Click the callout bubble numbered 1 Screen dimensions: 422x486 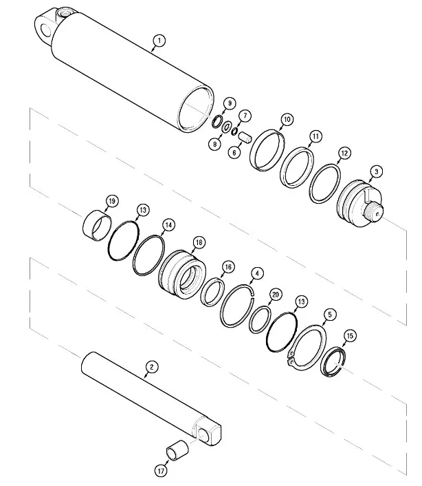159,41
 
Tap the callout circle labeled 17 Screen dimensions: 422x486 161,472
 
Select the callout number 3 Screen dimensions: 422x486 376,171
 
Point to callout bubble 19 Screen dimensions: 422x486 112,201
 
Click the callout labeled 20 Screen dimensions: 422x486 275,295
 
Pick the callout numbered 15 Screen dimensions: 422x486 350,336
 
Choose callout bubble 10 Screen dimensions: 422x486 287,119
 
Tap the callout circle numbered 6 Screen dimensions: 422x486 234,153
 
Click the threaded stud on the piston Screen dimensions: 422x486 374,212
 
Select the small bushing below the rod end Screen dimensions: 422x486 177,450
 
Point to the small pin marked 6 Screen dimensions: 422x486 245,137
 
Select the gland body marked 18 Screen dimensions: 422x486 182,274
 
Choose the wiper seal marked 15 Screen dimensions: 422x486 333,362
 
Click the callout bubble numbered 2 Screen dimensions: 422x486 152,367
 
